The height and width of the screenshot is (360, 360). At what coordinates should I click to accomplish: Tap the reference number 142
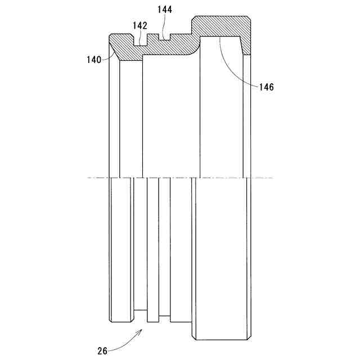140,25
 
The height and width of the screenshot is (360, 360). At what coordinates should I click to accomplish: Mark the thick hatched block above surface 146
222,27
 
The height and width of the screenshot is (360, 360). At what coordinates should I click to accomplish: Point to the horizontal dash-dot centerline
180,178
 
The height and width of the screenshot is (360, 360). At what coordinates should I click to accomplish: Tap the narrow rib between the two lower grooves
152,250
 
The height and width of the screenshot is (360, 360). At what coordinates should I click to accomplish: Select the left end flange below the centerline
121,250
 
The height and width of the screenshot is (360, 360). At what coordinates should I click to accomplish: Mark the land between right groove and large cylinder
181,250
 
